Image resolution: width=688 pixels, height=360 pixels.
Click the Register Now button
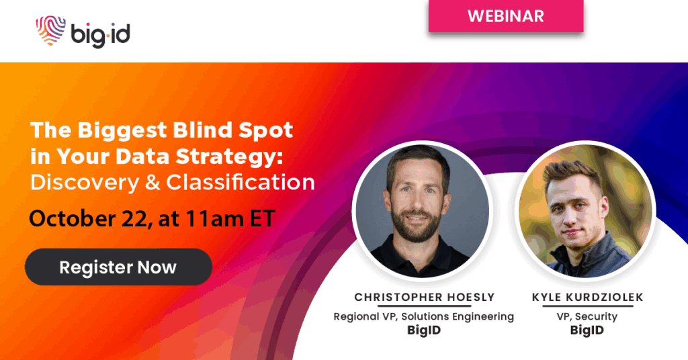pyautogui.click(x=118, y=267)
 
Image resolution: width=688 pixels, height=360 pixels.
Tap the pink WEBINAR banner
pyautogui.click(x=506, y=16)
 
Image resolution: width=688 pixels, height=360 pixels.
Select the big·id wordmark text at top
pyautogui.click(x=101, y=34)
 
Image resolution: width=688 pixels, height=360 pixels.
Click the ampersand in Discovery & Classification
pyautogui.click(x=153, y=183)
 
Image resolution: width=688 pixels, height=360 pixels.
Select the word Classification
pyautogui.click(x=241, y=183)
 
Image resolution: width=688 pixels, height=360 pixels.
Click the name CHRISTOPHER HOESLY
pyautogui.click(x=425, y=298)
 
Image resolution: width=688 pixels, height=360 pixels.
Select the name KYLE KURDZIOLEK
pyautogui.click(x=587, y=298)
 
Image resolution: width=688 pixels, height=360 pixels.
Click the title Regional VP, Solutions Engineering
pyautogui.click(x=424, y=316)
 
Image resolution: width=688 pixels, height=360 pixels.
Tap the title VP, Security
pyautogui.click(x=587, y=316)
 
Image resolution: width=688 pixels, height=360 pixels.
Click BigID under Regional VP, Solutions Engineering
pyautogui.click(x=424, y=330)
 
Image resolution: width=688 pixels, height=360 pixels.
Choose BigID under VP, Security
pyautogui.click(x=587, y=330)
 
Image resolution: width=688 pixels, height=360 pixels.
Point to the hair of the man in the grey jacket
pyautogui.click(x=572, y=173)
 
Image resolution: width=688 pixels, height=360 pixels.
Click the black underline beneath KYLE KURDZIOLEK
pyautogui.click(x=587, y=306)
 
